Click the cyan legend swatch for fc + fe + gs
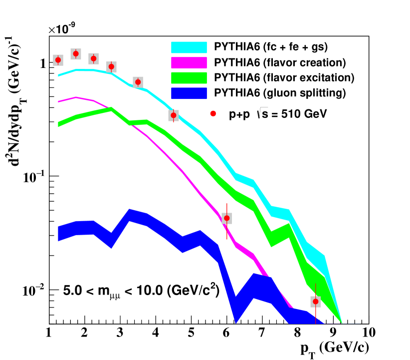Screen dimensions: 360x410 [189, 47]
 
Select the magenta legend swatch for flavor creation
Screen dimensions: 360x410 [189, 62]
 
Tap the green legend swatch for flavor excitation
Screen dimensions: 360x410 [189, 78]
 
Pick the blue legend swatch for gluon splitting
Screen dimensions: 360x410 [189, 93]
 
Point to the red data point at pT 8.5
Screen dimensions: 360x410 [315, 302]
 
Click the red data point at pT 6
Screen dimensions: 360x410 [226, 218]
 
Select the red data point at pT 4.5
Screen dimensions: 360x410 [173, 115]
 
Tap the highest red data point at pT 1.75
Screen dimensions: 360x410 [76, 54]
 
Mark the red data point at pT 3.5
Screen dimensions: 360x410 [138, 82]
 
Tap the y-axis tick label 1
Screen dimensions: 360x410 [42, 63]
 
